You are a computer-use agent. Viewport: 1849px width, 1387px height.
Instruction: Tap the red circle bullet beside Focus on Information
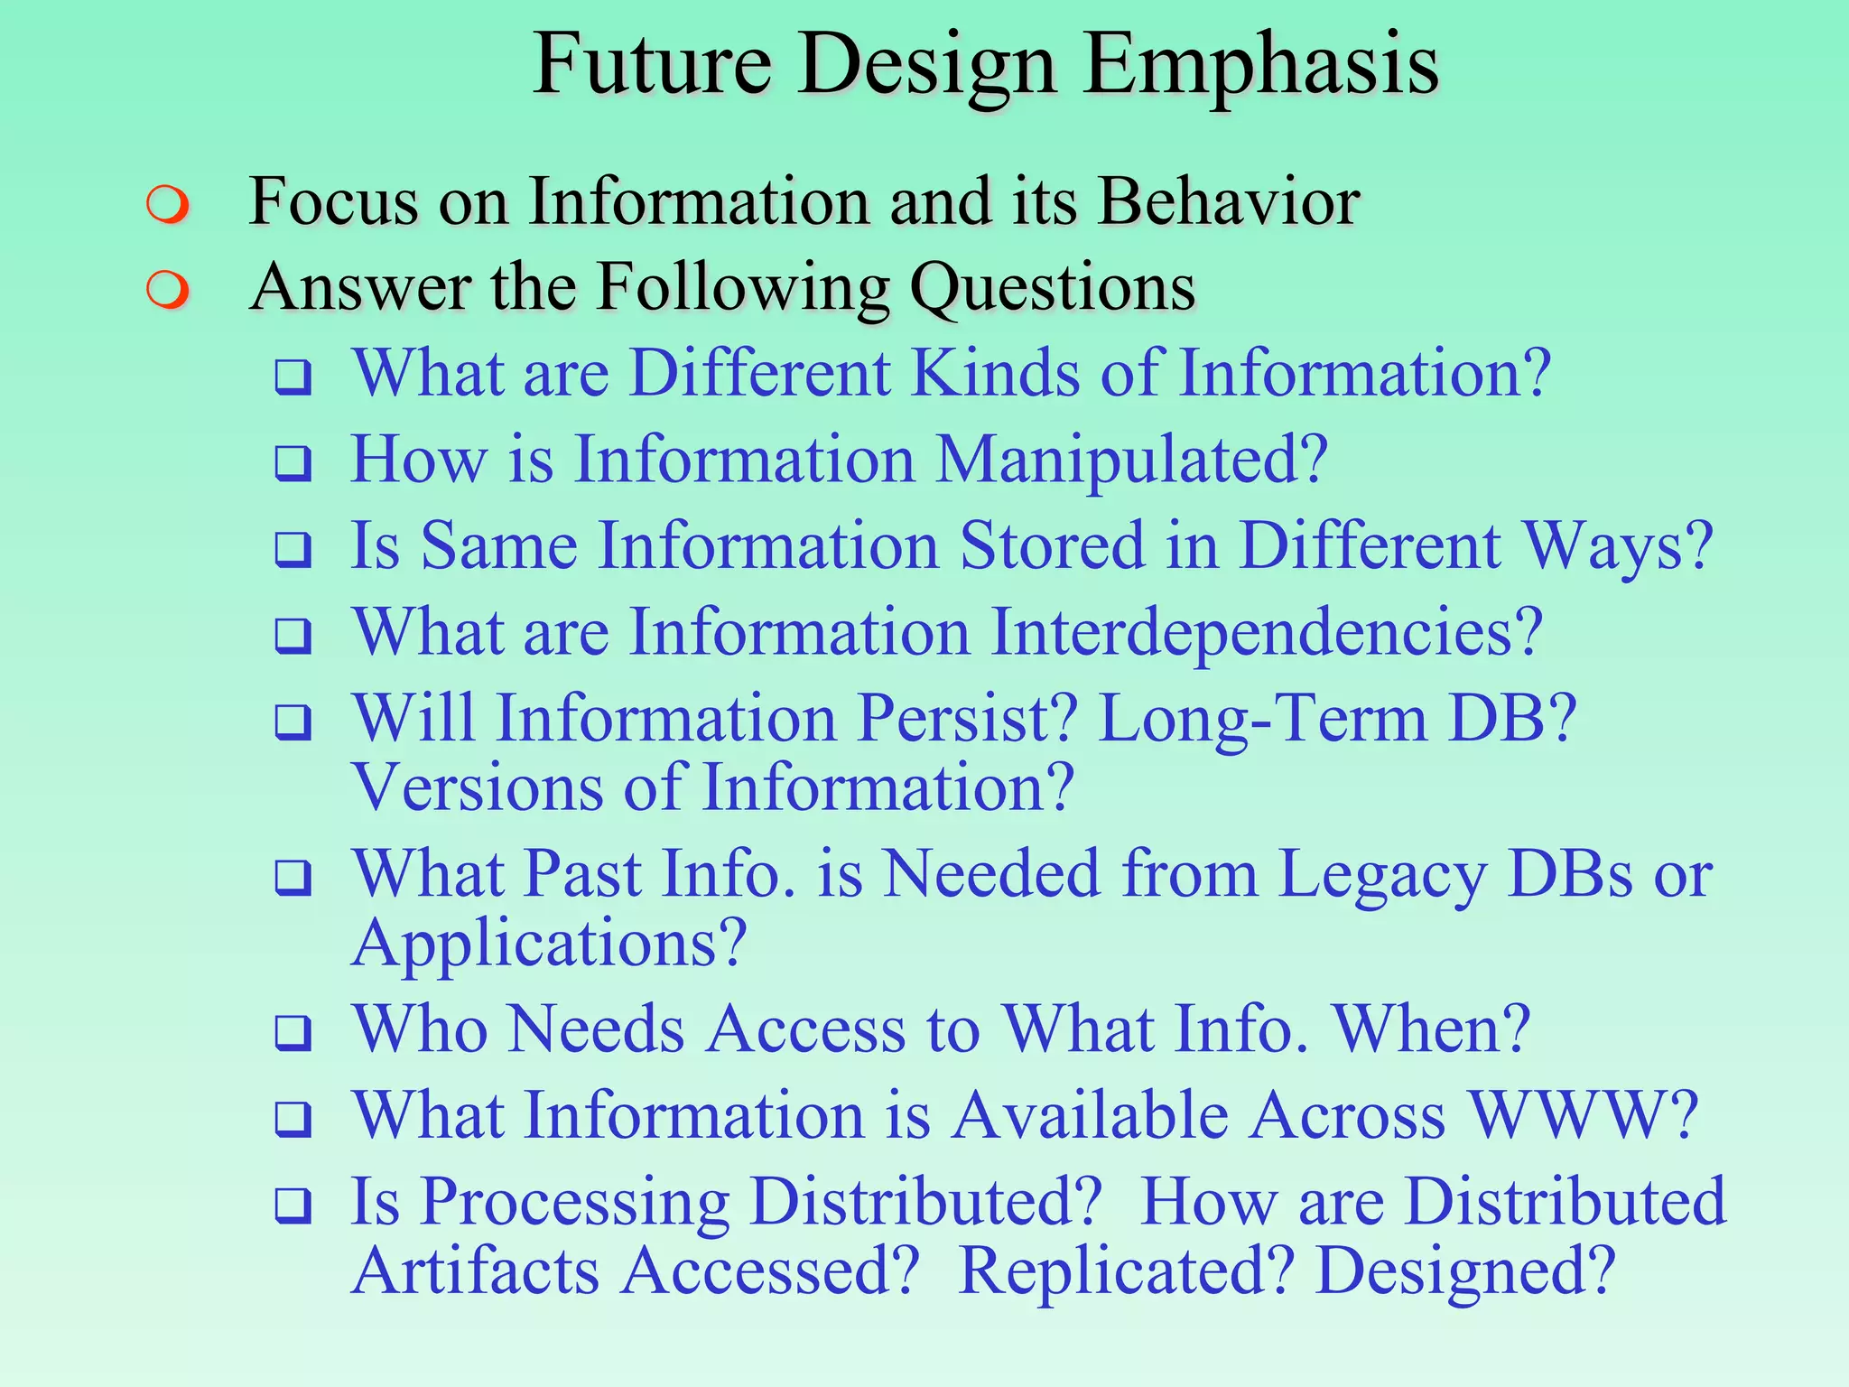coord(168,205)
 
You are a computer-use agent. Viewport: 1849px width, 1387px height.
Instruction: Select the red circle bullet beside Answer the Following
coord(168,291)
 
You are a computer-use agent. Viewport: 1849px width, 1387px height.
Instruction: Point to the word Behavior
coord(1228,200)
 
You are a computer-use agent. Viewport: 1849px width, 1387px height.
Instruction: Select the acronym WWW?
coord(1584,1115)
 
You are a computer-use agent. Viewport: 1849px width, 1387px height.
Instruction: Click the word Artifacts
coord(476,1271)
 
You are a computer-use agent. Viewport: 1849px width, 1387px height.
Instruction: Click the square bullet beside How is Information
coord(293,463)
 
